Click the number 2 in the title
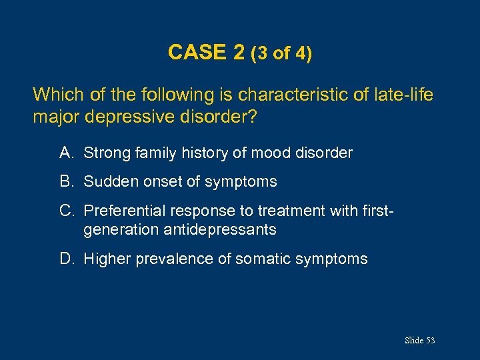point(239,52)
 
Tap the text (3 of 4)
point(281,53)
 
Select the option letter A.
point(65,153)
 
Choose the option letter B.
point(65,181)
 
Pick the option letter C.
point(65,211)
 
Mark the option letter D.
point(65,259)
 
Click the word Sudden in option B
point(107,181)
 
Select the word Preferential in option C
point(125,211)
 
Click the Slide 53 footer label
point(419,341)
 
